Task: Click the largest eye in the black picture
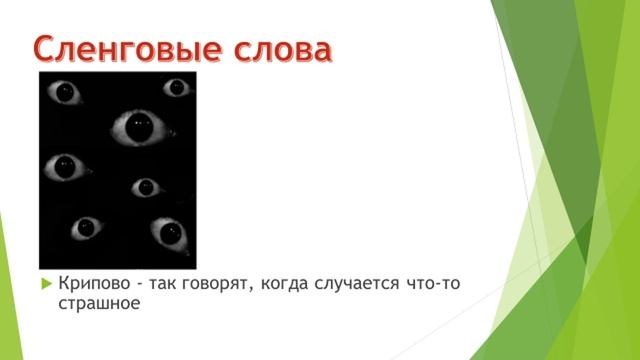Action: point(137,127)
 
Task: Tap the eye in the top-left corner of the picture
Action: point(66,93)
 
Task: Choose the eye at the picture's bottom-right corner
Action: point(168,235)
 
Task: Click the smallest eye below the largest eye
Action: point(146,187)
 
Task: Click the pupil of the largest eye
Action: point(138,128)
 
